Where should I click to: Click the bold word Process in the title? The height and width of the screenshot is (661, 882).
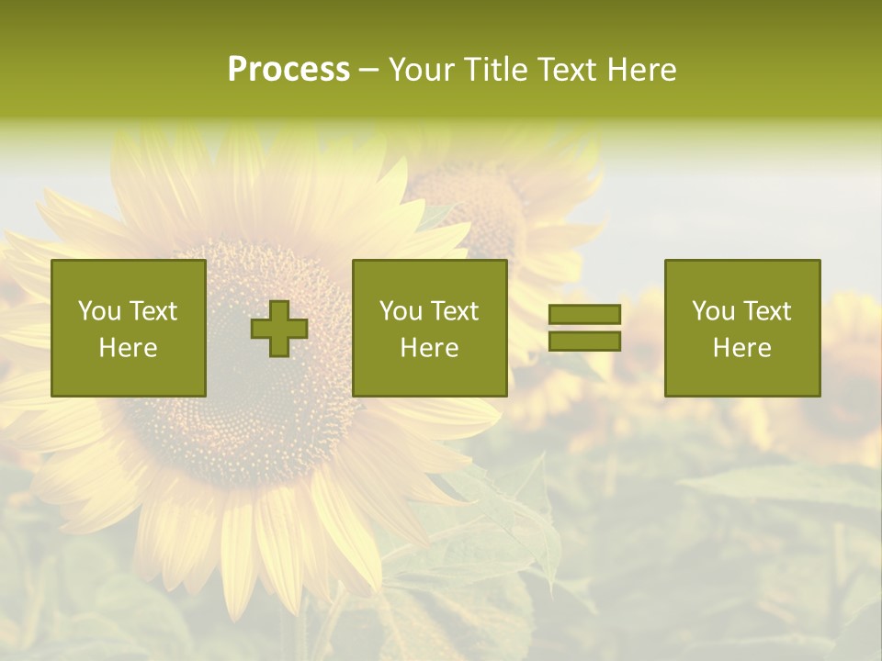tap(288, 70)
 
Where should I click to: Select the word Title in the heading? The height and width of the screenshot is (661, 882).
tap(496, 70)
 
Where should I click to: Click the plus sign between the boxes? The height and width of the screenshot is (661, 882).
tap(279, 329)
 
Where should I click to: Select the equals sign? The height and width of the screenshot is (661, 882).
tap(584, 328)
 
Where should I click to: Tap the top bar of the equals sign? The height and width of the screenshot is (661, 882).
tap(584, 315)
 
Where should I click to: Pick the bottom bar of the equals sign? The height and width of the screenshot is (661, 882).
tap(584, 341)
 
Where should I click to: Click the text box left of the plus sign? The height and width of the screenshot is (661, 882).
tap(129, 328)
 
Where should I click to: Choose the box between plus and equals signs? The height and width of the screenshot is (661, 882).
tap(429, 328)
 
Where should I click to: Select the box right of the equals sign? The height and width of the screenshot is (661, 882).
tap(742, 328)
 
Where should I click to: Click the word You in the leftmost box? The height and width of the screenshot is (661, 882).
tap(99, 311)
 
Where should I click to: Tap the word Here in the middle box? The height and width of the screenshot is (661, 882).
tap(429, 348)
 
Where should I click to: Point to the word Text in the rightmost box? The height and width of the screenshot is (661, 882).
tap(768, 311)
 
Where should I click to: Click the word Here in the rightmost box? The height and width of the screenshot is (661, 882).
tap(742, 348)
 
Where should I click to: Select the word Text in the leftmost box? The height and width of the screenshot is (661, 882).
tap(153, 311)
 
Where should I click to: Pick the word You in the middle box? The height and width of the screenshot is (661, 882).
tap(401, 311)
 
